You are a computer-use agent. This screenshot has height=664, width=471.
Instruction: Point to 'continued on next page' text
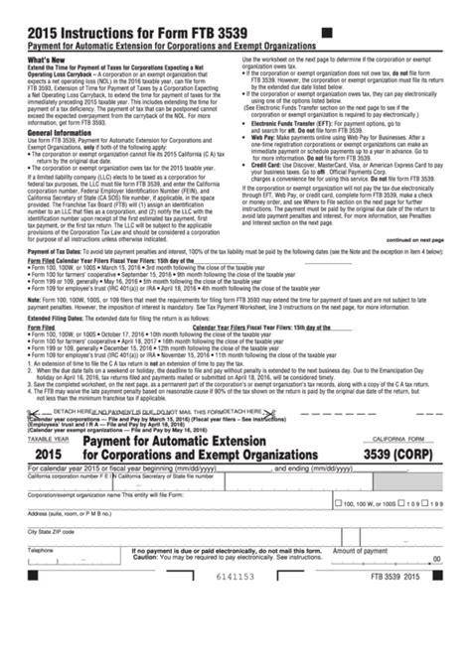click(x=414, y=239)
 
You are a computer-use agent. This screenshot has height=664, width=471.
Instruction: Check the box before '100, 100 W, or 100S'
click(x=338, y=502)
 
